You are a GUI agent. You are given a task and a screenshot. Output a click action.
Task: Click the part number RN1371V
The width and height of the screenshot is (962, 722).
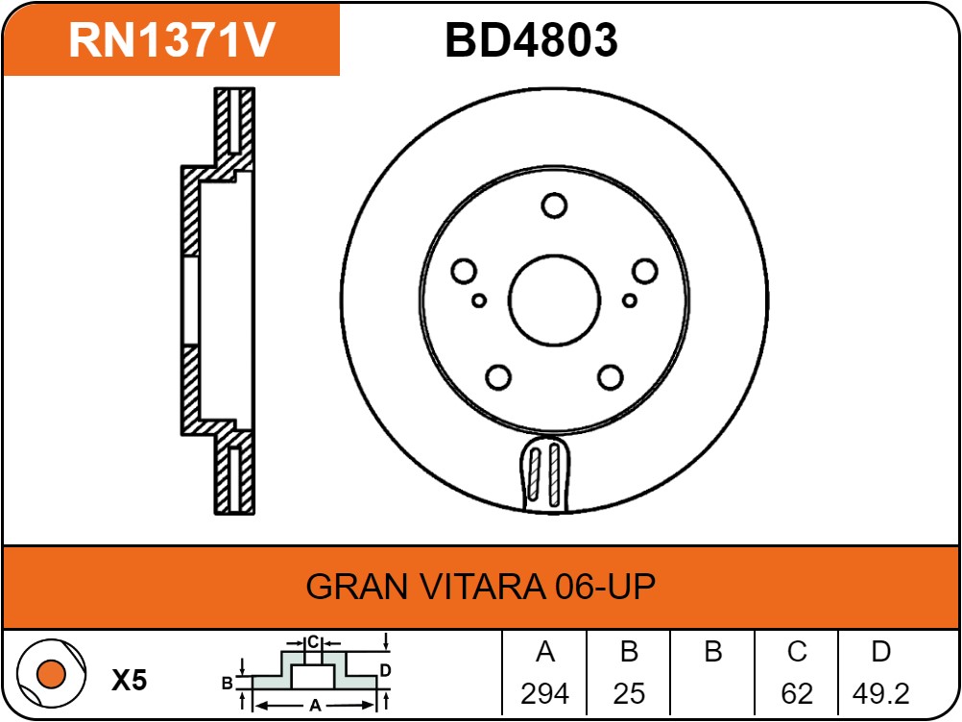[x=172, y=40]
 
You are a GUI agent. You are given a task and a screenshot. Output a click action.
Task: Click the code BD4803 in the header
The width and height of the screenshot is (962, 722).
[x=531, y=40]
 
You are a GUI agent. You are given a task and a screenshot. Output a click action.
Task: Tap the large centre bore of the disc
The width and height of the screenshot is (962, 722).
[x=554, y=301]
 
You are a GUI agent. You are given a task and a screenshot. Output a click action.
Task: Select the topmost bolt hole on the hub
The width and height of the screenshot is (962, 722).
[x=554, y=205]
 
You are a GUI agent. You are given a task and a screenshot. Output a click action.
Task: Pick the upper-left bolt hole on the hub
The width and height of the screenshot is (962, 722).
[x=464, y=271]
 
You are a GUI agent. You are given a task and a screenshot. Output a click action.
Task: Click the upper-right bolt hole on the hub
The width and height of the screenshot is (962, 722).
[x=645, y=271]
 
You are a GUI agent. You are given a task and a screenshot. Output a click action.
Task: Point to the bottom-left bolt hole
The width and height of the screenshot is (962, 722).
[x=498, y=377]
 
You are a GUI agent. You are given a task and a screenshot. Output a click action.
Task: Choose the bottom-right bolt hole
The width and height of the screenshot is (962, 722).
[x=611, y=377]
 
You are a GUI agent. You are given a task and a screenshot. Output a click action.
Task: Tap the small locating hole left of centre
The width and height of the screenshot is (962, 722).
[x=479, y=301]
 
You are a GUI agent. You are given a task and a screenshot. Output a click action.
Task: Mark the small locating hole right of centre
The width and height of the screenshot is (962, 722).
[x=630, y=301]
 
